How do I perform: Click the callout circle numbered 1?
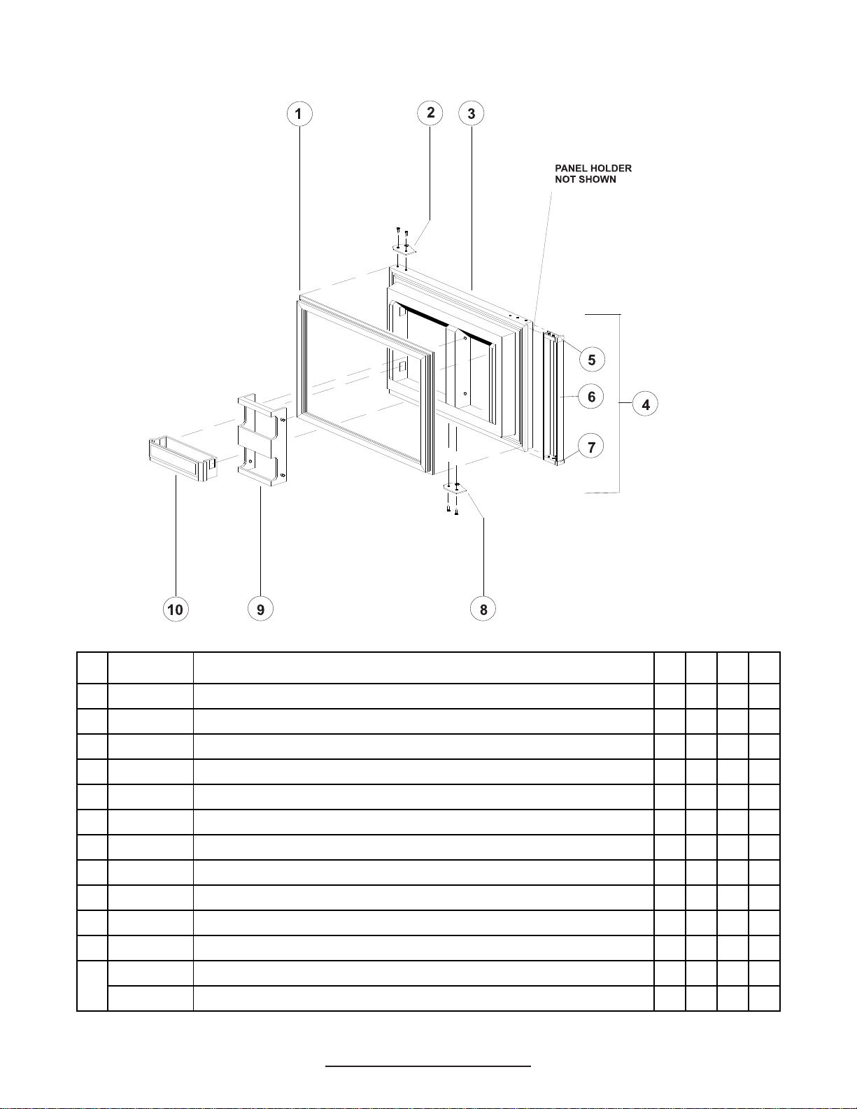299,114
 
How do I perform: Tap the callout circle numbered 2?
430,113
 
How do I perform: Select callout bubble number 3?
472,113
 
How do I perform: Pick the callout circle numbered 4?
646,404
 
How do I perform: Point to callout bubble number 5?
592,360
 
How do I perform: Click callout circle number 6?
592,397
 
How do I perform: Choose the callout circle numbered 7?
592,446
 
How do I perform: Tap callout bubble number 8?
483,609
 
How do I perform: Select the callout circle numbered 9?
260,609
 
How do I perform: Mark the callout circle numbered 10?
175,609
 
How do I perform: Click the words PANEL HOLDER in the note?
593,169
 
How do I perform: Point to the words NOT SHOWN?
586,180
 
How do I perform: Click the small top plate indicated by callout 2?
404,249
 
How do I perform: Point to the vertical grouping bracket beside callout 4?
619,404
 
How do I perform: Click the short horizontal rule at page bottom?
428,1066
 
